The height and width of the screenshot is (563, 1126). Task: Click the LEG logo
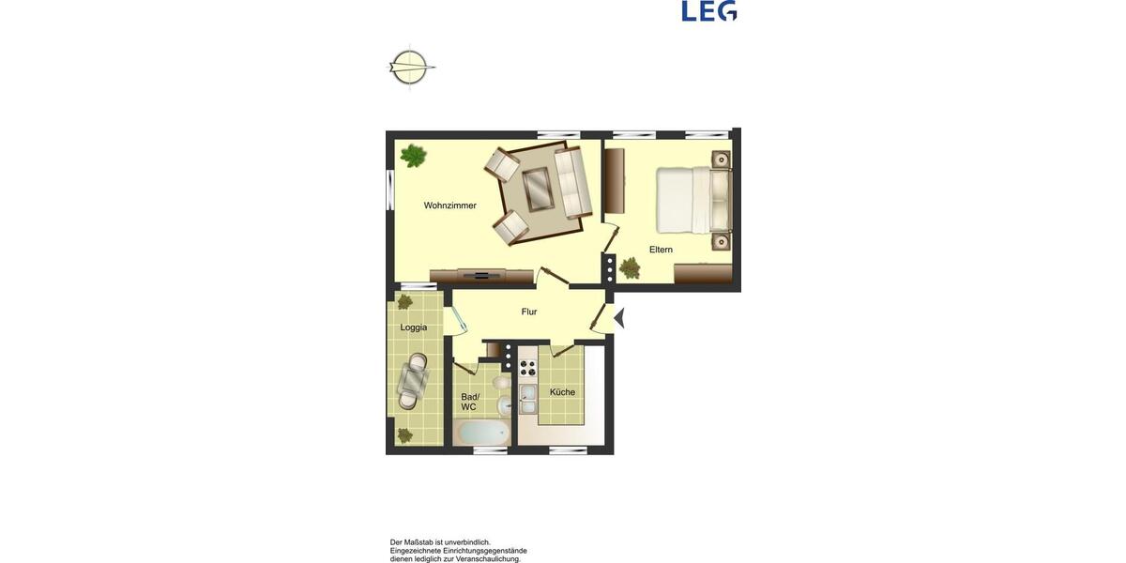(x=709, y=10)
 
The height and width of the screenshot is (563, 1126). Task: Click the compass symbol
(x=410, y=68)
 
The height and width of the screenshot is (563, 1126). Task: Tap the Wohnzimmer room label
(x=449, y=205)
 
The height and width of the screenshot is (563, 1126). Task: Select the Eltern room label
(x=661, y=250)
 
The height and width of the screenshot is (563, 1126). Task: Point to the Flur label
(x=529, y=312)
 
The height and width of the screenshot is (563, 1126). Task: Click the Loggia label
(x=414, y=327)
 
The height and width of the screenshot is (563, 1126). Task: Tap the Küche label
(x=562, y=392)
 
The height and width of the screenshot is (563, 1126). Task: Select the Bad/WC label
(x=469, y=402)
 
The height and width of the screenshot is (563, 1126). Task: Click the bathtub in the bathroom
(x=481, y=433)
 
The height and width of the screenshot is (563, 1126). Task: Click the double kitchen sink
(x=528, y=400)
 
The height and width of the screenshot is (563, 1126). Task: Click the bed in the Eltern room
(x=692, y=199)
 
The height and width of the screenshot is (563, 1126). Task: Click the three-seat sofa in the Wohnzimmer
(x=571, y=180)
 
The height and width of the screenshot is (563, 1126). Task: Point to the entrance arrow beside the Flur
(x=619, y=319)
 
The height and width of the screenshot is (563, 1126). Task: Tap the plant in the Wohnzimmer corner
(x=413, y=154)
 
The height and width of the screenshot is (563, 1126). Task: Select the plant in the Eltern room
(x=629, y=268)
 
